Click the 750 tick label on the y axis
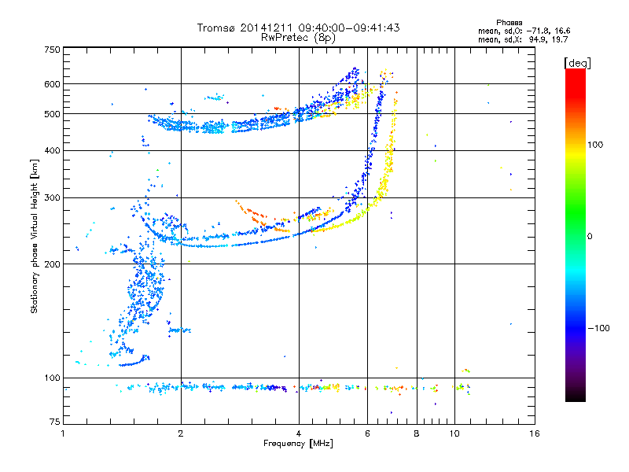53,50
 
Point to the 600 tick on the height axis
53,84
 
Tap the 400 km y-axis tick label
53,150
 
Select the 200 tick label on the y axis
53,264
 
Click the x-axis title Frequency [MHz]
298,444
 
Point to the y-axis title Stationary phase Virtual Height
35,236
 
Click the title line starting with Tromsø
298,28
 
